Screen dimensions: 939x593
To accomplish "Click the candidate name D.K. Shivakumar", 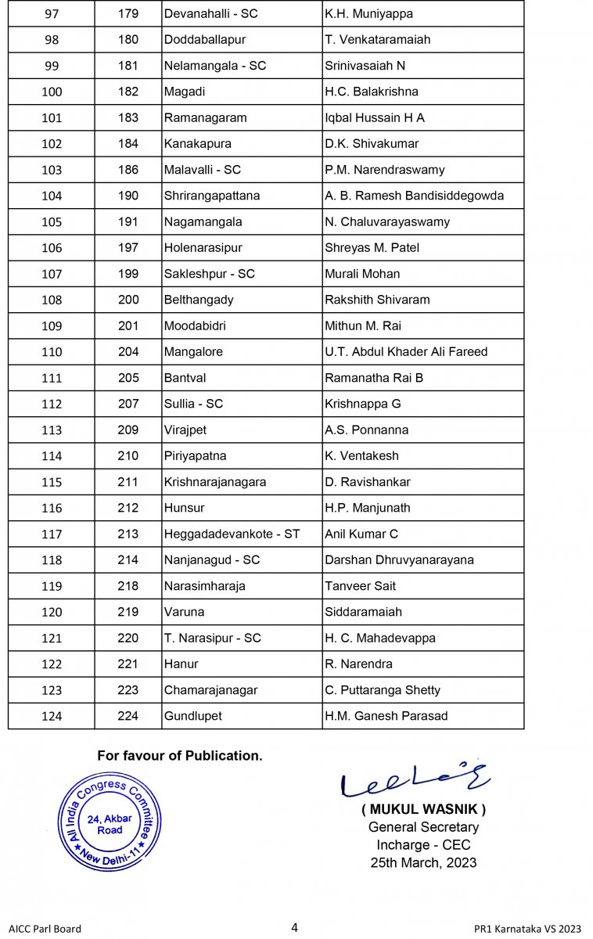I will pos(372,144).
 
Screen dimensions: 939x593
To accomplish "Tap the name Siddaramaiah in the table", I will pos(363,612).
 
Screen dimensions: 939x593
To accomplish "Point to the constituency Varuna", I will pos(184,612).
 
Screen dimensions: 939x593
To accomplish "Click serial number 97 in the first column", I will pos(51,14).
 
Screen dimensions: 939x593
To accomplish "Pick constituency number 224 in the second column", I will pos(128,716).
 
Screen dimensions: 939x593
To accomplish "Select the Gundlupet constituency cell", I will pos(192,716).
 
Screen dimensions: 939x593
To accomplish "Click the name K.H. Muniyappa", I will pos(368,14).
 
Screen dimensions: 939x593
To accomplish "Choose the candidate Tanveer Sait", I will pos(360,586).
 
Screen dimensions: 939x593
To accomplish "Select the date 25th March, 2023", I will pos(423,863).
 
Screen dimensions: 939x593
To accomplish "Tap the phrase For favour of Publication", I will pos(180,756).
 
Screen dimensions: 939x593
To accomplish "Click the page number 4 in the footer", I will pos(294,928).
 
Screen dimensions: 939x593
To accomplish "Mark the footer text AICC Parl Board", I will pos(45,929).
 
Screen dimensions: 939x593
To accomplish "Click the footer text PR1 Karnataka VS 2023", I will pos(527,929).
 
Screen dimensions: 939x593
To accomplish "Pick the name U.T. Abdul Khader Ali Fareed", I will pos(406,352).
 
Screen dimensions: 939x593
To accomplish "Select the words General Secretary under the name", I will pos(423,827).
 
